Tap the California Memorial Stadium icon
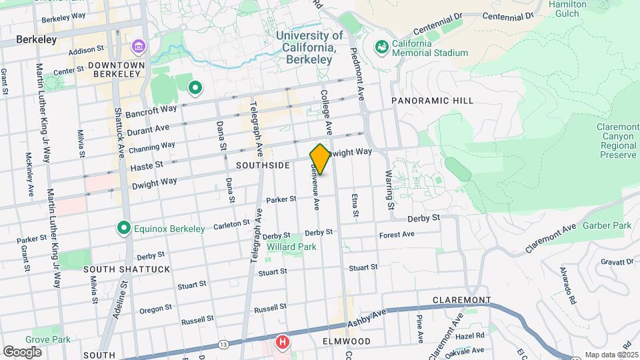coord(381,47)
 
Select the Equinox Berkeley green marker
coord(123,229)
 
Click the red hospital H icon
coord(283,343)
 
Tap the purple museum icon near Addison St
coord(139,47)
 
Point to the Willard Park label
coord(291,247)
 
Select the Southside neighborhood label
coord(263,165)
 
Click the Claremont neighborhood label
coord(461,300)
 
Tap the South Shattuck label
coord(127,269)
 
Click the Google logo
coord(22,351)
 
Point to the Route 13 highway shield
coord(223,345)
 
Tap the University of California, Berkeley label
coord(309,47)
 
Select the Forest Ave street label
coord(397,235)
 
